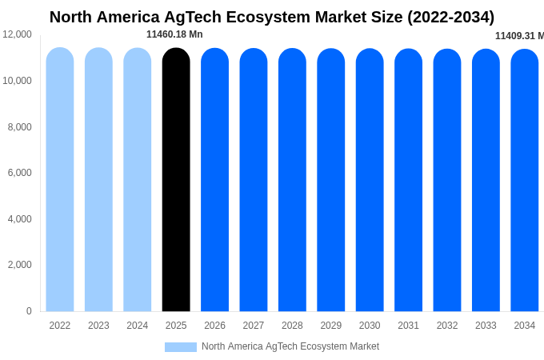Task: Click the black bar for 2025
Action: click(x=176, y=180)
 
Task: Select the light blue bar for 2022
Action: click(x=60, y=180)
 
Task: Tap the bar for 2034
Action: click(x=525, y=180)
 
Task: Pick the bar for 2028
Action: click(x=292, y=180)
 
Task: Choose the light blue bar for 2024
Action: click(x=138, y=180)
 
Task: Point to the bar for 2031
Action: click(x=408, y=180)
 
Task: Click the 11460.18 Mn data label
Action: click(x=174, y=34)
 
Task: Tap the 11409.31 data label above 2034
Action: click(x=518, y=36)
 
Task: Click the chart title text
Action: click(x=272, y=17)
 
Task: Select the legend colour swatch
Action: click(x=181, y=347)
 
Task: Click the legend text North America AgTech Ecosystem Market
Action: click(x=290, y=346)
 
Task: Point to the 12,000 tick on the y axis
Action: click(x=17, y=34)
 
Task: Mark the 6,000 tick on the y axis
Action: click(x=20, y=173)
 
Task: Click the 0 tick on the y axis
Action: click(x=29, y=311)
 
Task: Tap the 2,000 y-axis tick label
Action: click(x=20, y=265)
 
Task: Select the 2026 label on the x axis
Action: click(x=214, y=326)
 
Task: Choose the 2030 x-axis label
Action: click(x=370, y=326)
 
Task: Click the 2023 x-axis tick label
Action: click(x=98, y=326)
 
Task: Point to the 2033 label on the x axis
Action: click(x=486, y=326)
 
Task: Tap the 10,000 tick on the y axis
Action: click(x=17, y=81)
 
